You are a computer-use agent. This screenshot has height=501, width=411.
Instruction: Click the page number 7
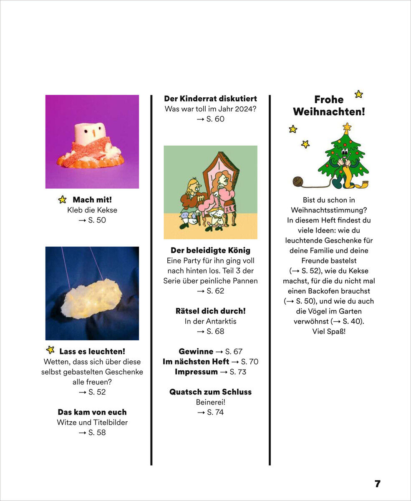point(377,484)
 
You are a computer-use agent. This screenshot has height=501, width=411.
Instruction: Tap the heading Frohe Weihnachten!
point(329,106)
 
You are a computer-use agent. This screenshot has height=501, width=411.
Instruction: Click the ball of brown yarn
point(298,181)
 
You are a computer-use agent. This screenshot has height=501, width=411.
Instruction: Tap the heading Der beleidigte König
point(210,250)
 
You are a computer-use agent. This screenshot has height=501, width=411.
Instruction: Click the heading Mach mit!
point(92,200)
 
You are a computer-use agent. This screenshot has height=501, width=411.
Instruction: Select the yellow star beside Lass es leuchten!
point(50,350)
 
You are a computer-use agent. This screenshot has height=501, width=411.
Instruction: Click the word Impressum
point(196,372)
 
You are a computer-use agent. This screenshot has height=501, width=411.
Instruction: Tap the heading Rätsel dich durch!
point(210,311)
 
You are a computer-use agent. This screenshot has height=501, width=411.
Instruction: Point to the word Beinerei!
point(210,402)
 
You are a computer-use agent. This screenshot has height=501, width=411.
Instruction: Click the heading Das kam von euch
point(92,412)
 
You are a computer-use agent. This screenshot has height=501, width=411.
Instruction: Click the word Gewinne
point(196,352)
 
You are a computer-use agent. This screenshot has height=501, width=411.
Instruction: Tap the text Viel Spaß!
point(329,331)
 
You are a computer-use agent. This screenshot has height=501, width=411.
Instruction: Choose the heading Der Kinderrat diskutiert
point(210,99)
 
